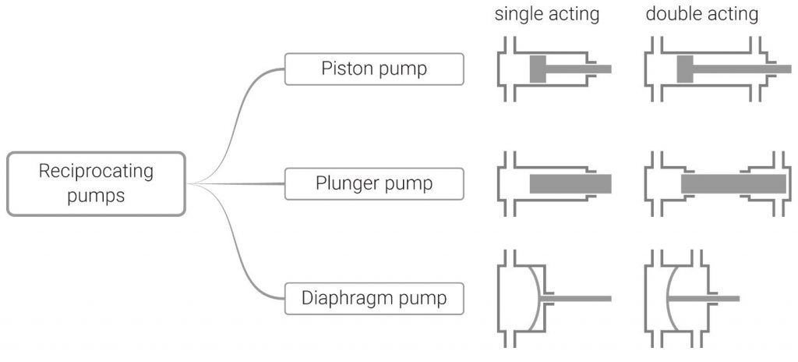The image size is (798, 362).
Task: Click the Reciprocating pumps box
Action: tap(97, 183)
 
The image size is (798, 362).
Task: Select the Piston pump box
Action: tap(374, 69)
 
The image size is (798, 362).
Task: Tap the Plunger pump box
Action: tap(374, 184)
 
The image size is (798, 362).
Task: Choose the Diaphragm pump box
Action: tap(374, 299)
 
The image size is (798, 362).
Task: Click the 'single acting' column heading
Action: tap(549, 15)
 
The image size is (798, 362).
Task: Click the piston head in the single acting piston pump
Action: tap(538, 69)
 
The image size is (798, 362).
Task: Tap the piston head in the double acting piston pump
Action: tap(685, 69)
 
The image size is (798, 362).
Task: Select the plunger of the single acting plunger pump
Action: tap(570, 184)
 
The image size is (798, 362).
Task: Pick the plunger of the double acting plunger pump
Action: tap(733, 184)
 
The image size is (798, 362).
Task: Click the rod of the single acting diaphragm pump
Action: tap(577, 299)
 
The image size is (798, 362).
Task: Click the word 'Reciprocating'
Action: tap(97, 171)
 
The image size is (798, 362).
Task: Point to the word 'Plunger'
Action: tap(344, 184)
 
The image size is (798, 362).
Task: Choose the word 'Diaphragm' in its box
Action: tap(339, 299)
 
